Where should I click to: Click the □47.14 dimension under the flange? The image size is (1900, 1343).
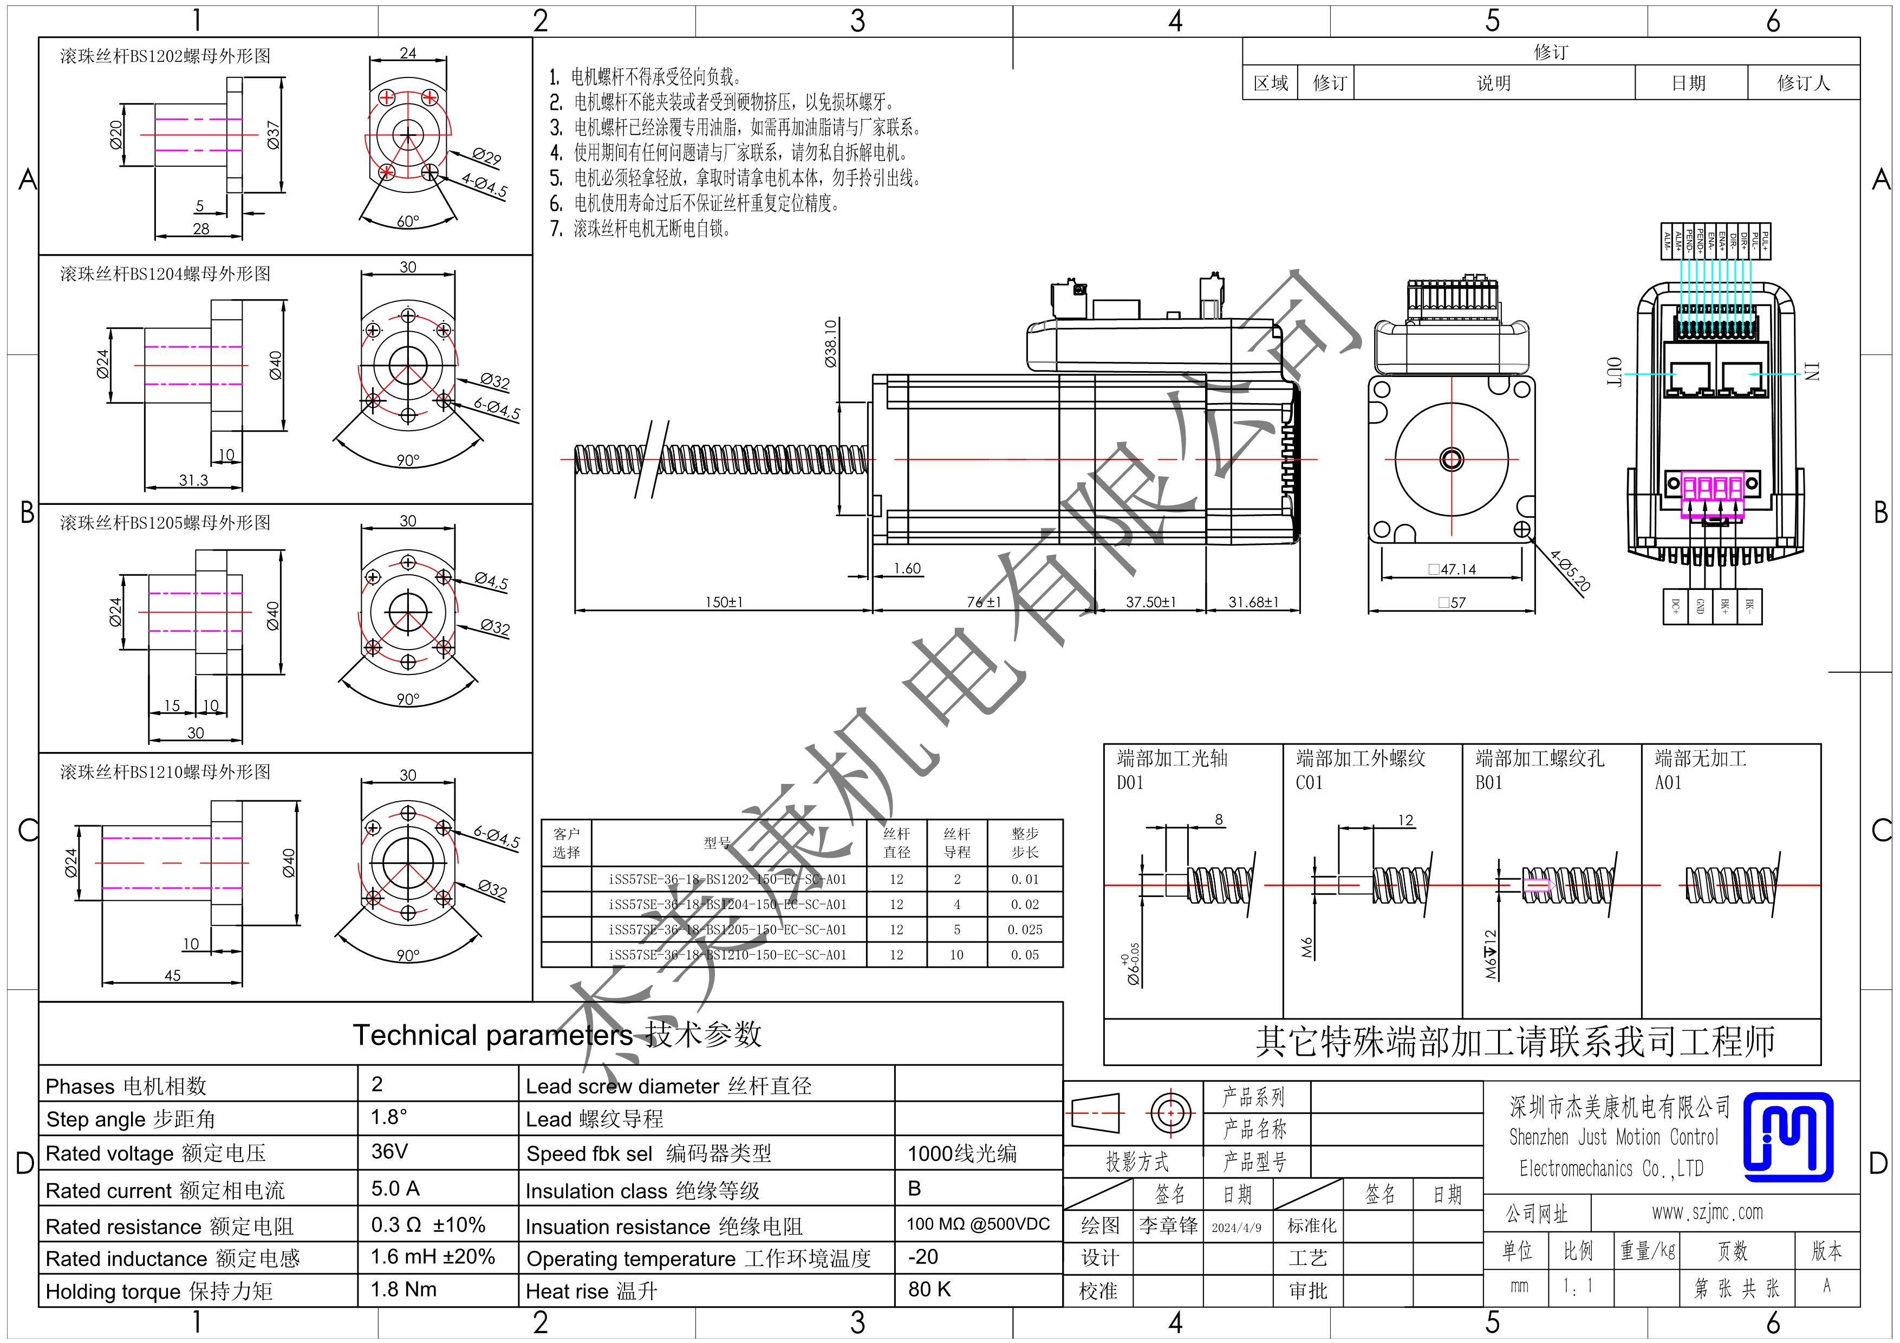tap(1452, 569)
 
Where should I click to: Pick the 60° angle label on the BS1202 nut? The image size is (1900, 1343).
tap(408, 222)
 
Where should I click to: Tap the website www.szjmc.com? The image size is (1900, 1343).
tap(1707, 1212)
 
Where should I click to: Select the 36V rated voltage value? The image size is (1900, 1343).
tap(389, 1151)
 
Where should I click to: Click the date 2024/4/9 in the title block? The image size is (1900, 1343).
tap(1237, 1227)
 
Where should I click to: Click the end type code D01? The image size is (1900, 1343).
tap(1130, 783)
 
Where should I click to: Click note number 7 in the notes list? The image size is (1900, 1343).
tap(556, 229)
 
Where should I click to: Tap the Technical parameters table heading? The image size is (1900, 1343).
tap(556, 1034)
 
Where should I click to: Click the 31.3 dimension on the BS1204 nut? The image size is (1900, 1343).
tap(194, 480)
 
